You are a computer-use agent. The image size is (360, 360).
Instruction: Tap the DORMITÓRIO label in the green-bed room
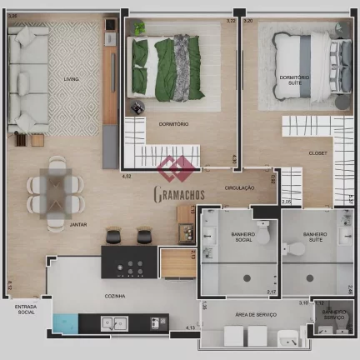173,124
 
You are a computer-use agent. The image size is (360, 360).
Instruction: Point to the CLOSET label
317,153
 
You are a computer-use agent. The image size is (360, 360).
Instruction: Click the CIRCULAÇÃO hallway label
239,188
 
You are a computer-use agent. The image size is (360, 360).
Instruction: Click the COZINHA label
115,296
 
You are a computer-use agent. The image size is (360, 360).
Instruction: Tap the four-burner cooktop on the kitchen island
131,267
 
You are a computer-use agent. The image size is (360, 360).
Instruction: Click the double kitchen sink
113,323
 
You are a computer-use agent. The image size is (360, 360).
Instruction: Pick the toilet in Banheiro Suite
292,248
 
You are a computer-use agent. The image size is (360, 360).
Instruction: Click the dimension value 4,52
127,177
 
